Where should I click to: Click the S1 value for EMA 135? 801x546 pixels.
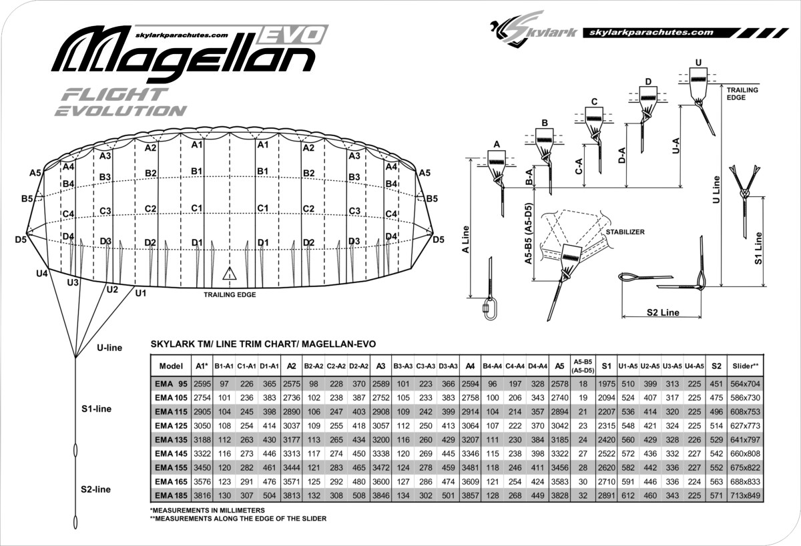tap(607, 439)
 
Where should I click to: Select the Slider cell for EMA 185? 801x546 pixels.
tap(745, 495)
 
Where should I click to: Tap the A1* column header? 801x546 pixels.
tap(202, 366)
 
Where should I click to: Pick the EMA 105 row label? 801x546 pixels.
tap(171, 398)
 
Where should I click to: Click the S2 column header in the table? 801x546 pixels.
tap(716, 366)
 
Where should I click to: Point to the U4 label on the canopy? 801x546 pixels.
tap(42, 274)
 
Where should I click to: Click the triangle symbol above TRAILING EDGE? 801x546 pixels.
tap(229, 273)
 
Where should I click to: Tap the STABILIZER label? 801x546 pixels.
tap(625, 232)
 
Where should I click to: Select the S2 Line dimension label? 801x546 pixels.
tap(663, 312)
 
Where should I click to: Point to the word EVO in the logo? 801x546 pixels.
tap(292, 35)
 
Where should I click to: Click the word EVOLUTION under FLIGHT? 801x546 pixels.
tap(121, 111)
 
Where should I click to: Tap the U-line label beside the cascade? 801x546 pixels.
tap(109, 348)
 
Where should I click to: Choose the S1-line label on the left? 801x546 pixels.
tap(96, 408)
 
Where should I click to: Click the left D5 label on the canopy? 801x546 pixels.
tap(21, 239)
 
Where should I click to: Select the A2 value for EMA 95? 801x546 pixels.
tap(292, 384)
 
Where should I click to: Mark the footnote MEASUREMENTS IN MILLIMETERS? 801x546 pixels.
tap(208, 510)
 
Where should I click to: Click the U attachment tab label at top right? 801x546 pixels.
tap(698, 63)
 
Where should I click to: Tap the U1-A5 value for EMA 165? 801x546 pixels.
tap(628, 482)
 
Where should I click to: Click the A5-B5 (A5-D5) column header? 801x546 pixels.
tap(583, 366)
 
